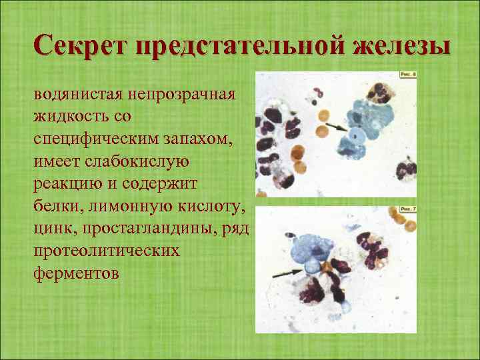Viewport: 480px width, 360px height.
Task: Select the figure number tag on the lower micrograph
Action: click(407, 209)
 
